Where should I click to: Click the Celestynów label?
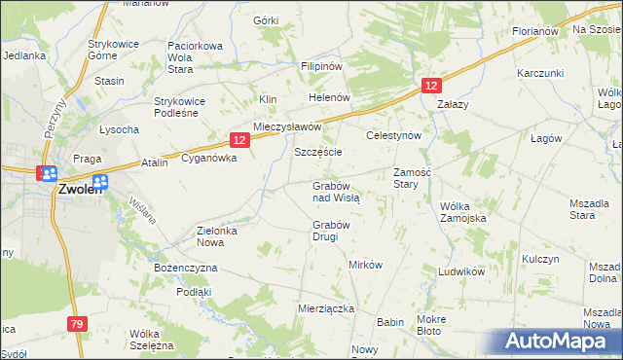[392, 136]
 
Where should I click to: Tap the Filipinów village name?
[322, 66]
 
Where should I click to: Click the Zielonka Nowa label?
[224, 236]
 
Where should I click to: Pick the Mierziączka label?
[325, 307]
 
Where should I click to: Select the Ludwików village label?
[461, 271]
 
